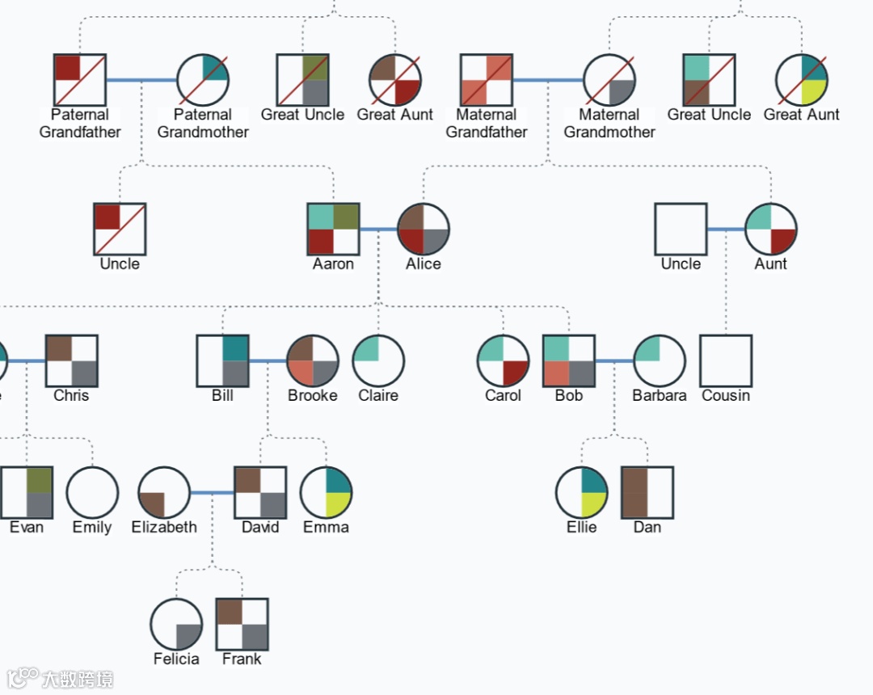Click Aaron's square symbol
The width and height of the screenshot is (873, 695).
(333, 230)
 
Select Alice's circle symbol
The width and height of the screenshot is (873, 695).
(424, 230)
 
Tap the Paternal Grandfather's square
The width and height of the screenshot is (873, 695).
(80, 80)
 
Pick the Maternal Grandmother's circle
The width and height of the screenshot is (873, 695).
(609, 80)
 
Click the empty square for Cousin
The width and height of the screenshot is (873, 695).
(726, 361)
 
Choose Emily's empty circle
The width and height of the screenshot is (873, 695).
(92, 492)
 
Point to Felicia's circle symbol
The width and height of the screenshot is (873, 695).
(176, 625)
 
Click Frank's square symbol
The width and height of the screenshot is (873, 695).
(242, 625)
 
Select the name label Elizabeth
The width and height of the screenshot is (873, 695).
(164, 527)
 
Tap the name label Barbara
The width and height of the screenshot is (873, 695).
(659, 395)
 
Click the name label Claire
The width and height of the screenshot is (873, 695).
(378, 395)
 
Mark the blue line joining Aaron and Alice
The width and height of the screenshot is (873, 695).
(378, 230)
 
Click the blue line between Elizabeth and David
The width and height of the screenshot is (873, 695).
(212, 492)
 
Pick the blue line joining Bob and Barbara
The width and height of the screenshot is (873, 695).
(614, 361)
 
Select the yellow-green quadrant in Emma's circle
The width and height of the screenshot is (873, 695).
(337, 504)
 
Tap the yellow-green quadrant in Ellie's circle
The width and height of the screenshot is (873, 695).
(593, 504)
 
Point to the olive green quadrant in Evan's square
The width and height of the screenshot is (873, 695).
(39, 480)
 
